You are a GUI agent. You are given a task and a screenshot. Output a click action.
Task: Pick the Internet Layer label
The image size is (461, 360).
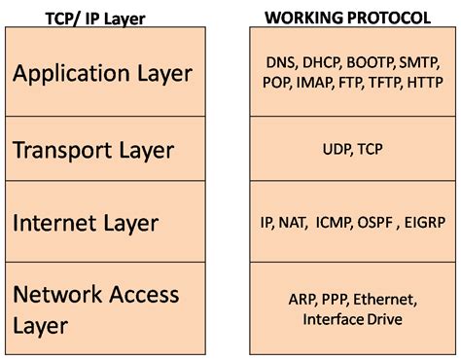(86, 223)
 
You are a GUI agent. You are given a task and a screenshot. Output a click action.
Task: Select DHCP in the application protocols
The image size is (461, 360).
(322, 62)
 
